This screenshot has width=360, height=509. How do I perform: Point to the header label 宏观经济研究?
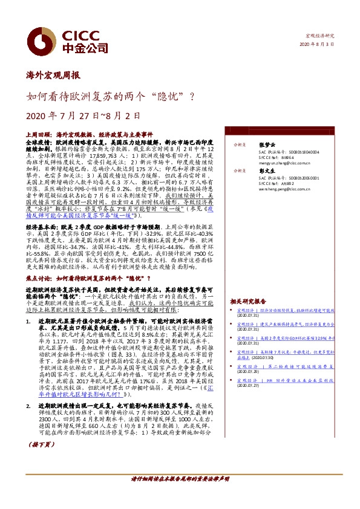pos(319,37)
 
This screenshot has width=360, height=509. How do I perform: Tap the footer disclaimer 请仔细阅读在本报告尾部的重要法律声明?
pos(180,495)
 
